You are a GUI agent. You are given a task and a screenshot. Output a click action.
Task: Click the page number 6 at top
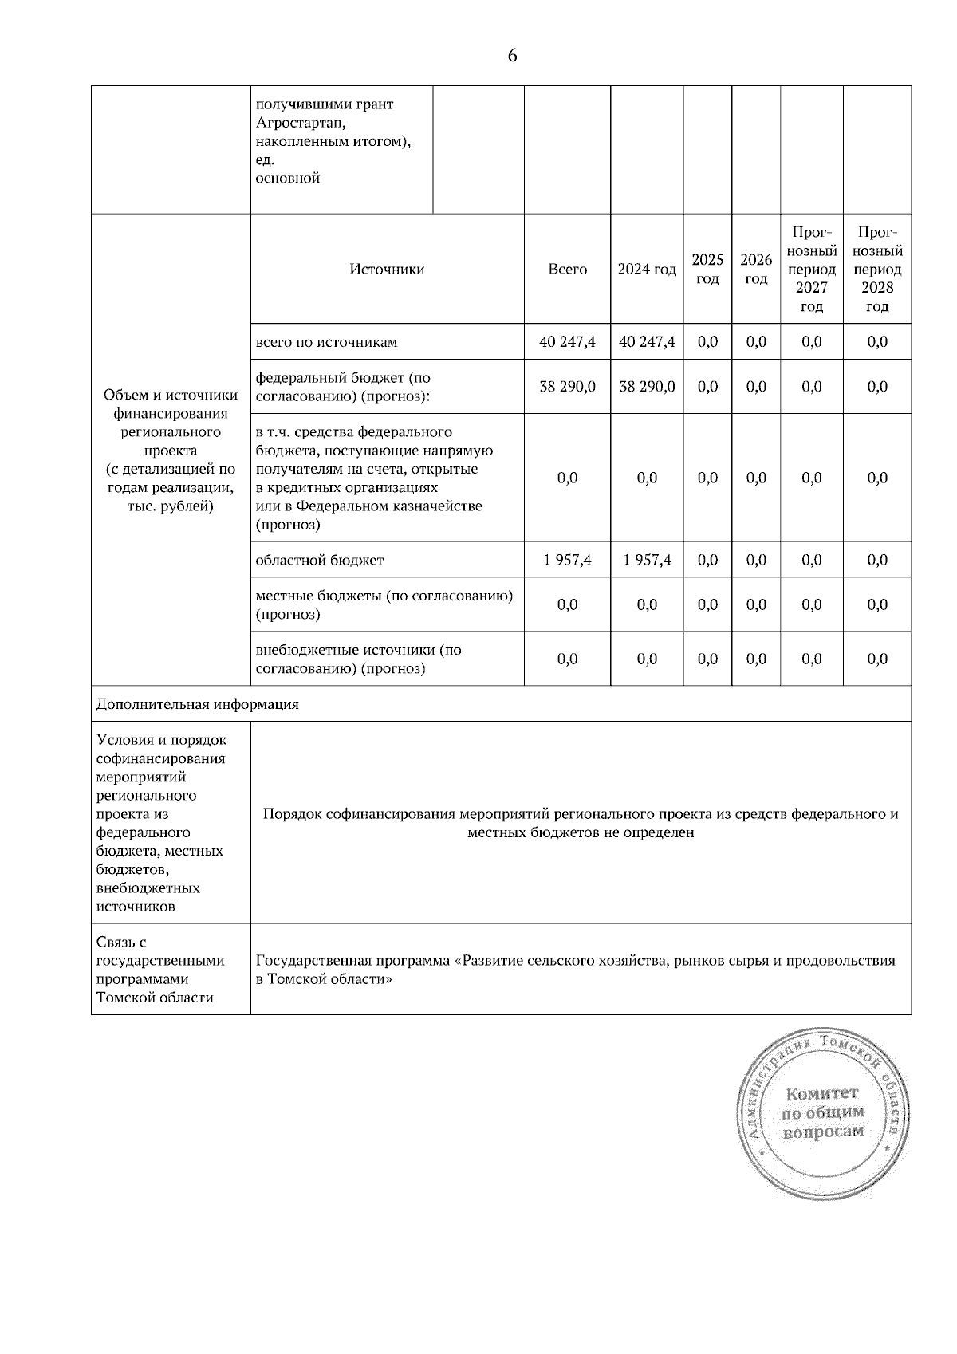coord(512,56)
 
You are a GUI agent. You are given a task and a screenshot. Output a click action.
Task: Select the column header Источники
coord(387,270)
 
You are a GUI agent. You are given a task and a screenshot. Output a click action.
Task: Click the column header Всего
coord(567,270)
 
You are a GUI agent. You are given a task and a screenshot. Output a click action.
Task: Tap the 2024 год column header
coord(647,270)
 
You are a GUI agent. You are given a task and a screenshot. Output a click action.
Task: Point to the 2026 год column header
coord(755,270)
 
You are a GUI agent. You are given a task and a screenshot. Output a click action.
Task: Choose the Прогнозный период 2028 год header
coord(876,270)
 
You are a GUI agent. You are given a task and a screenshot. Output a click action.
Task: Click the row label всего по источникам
coord(326,342)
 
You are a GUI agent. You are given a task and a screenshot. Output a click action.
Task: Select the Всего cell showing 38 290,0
coord(567,387)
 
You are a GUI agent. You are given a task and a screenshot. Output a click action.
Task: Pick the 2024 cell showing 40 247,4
coord(647,342)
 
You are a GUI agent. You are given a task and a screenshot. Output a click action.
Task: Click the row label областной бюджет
coord(319,560)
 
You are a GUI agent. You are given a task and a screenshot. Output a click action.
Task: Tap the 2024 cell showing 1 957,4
coord(647,560)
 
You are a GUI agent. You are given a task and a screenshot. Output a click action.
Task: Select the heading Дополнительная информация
coord(198,704)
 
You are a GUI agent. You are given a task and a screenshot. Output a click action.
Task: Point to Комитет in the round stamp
coord(821,1092)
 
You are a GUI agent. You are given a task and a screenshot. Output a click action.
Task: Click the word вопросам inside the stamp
coord(823,1132)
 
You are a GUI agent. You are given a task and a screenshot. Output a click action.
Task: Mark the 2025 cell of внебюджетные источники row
coord(707,659)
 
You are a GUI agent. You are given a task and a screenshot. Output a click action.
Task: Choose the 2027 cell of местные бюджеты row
coord(811,604)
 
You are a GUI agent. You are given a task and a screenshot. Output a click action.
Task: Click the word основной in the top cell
coord(287,178)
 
